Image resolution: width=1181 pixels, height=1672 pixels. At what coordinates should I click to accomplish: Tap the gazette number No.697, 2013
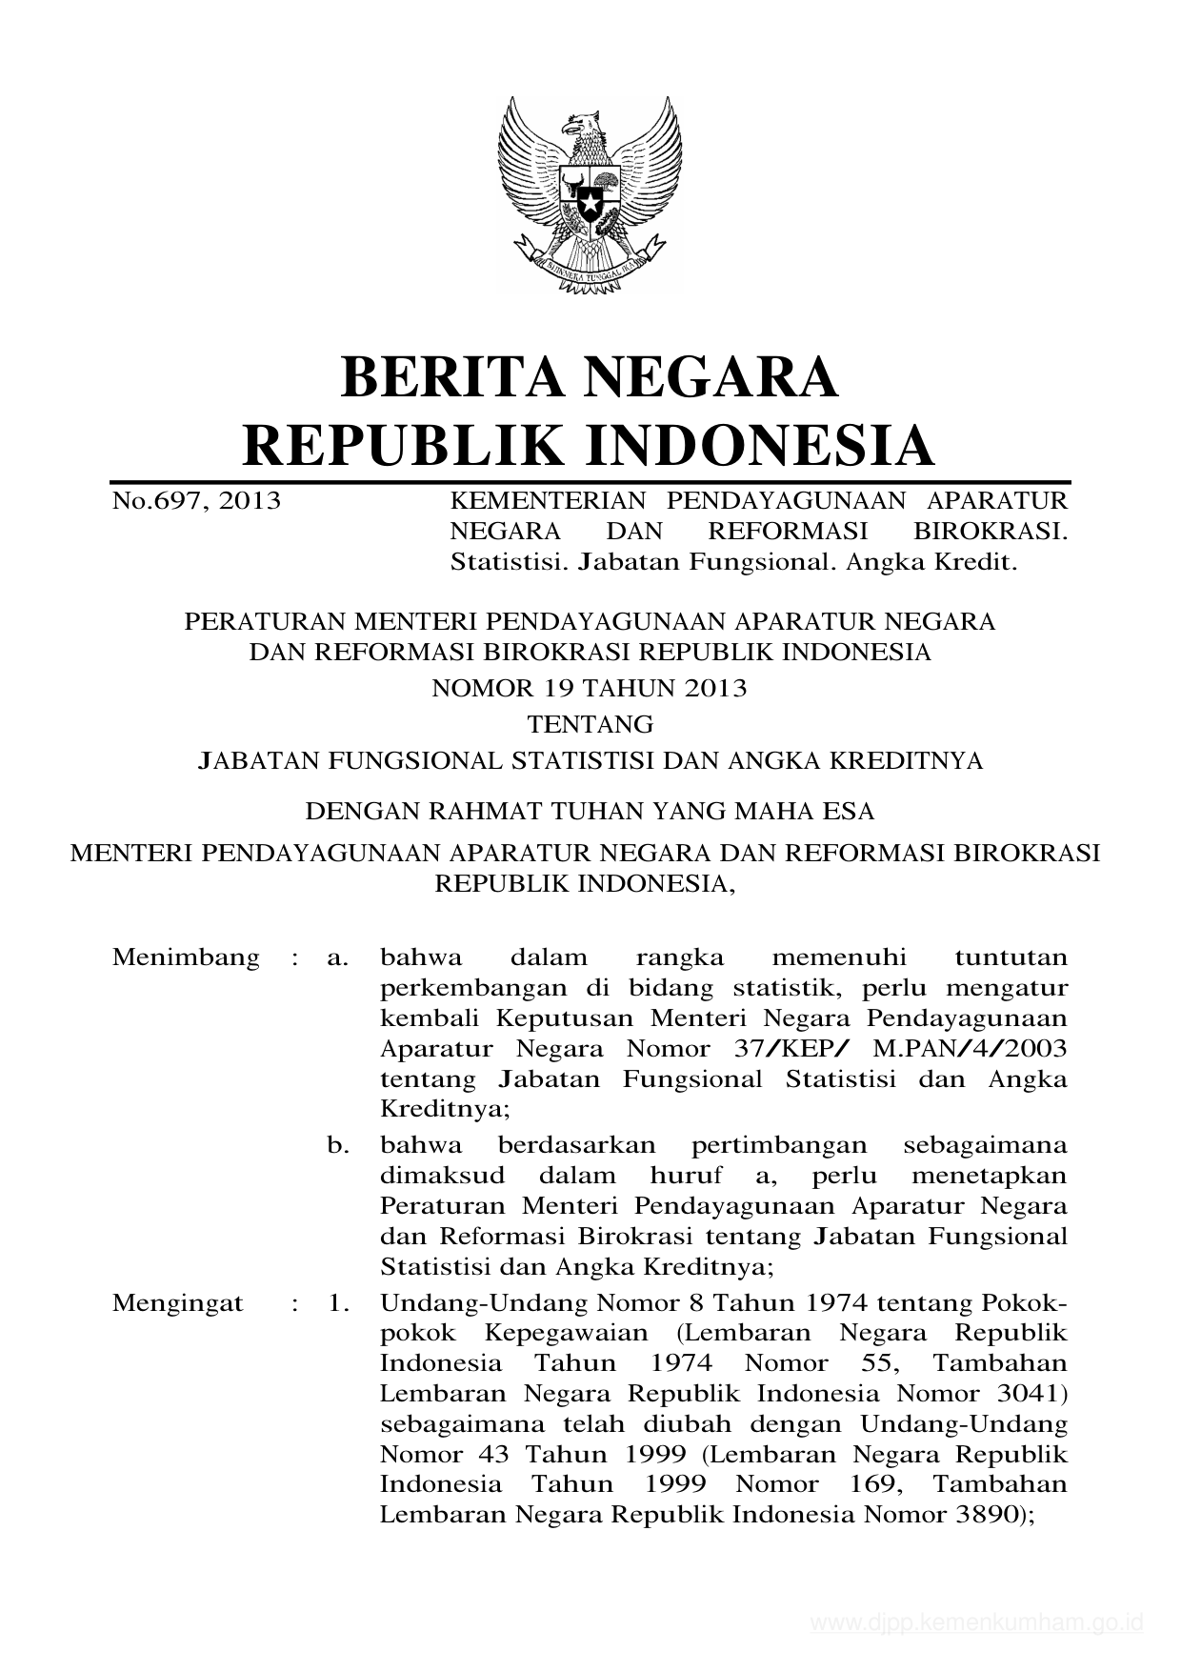(196, 500)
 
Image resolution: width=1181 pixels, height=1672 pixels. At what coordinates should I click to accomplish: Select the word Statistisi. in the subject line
(510, 562)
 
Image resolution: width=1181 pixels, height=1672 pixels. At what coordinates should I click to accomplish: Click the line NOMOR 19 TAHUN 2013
(590, 688)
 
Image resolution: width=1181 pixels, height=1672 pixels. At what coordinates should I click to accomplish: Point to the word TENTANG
(590, 725)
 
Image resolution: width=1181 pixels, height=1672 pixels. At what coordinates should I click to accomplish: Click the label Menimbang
(186, 957)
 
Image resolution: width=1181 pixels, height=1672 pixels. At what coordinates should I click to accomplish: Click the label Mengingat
(177, 1302)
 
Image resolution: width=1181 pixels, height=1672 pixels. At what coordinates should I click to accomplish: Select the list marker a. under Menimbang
(337, 957)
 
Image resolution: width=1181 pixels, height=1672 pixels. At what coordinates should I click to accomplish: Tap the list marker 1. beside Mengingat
(338, 1302)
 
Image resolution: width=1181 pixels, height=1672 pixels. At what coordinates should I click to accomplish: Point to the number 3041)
(1029, 1394)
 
